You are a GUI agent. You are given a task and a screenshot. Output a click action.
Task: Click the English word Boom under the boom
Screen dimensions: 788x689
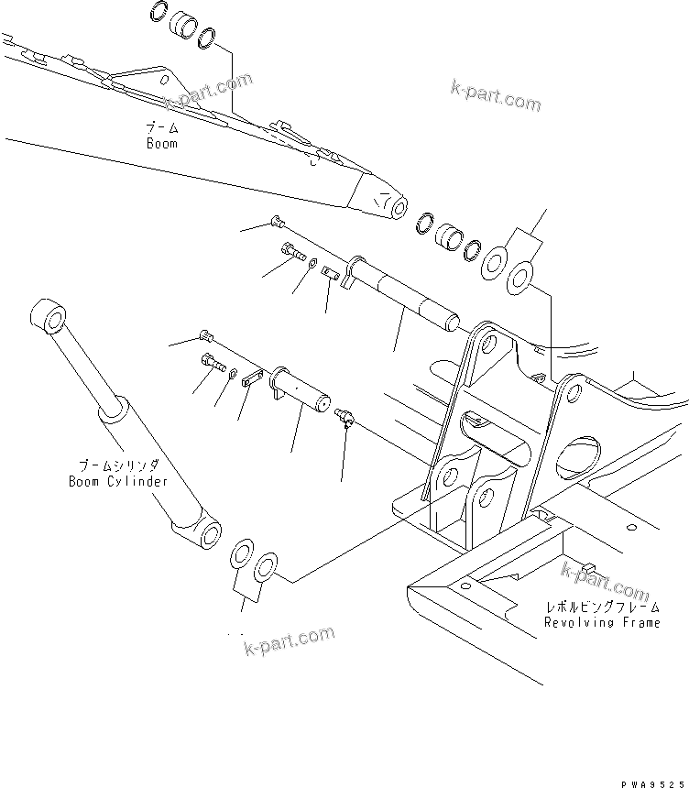pyautogui.click(x=161, y=144)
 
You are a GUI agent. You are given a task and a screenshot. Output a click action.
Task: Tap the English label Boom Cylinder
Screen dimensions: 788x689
pyautogui.click(x=119, y=481)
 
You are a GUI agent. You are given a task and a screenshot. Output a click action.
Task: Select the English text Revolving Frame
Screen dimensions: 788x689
pyautogui.click(x=602, y=623)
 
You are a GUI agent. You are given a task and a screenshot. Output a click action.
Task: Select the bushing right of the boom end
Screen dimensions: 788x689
pyautogui.click(x=449, y=236)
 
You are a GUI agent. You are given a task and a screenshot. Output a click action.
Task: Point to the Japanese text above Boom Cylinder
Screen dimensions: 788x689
pyautogui.click(x=119, y=465)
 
